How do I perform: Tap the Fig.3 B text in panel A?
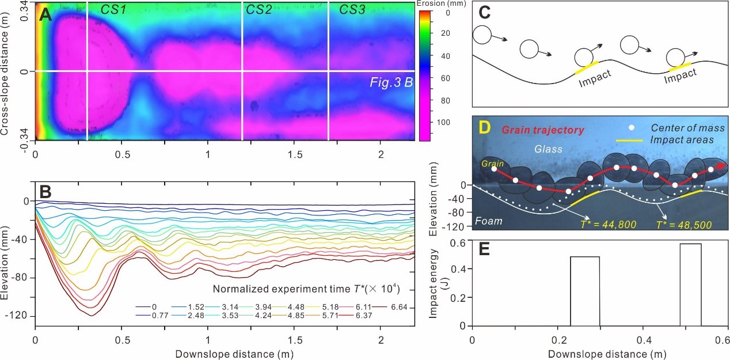[x=391, y=82]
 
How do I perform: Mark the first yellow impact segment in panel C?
[x=587, y=67]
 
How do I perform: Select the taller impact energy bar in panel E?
[x=690, y=285]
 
